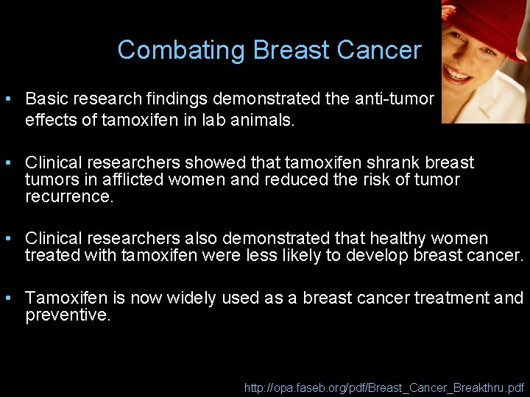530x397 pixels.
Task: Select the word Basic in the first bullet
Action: coord(46,99)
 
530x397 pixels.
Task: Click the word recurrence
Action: coord(69,197)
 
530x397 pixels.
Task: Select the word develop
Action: coord(344,256)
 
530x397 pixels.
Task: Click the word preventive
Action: coord(68,316)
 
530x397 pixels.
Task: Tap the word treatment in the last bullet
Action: coord(451,298)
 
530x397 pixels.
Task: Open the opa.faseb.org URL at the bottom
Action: coord(384,386)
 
